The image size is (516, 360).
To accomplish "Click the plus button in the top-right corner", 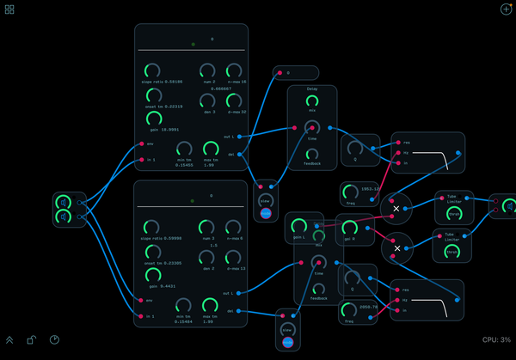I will click(x=506, y=9).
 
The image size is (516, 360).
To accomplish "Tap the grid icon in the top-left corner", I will click(x=9, y=9).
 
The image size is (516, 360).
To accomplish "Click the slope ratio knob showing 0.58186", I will click(x=152, y=70).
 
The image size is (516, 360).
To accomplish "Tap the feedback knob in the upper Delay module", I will click(x=311, y=155).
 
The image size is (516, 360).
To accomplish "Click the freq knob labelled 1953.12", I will click(x=351, y=190).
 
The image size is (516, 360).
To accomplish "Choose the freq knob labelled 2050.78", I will click(x=347, y=308).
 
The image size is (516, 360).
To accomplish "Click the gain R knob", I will click(x=349, y=229).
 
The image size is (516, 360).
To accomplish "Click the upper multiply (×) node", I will click(x=396, y=208).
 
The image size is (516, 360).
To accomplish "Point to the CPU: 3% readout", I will click(x=496, y=340).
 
